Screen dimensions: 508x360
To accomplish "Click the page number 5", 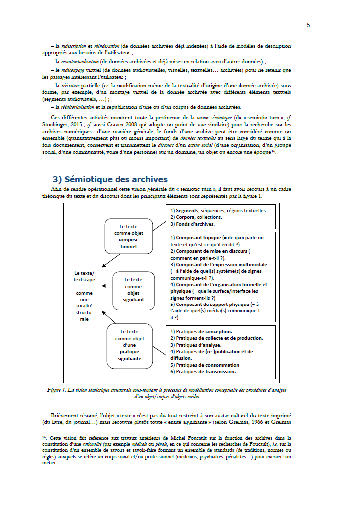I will [x=308, y=25].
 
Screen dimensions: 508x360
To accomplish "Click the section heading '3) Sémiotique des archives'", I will [x=110, y=179].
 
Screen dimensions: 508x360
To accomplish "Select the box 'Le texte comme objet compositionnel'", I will [x=128, y=236].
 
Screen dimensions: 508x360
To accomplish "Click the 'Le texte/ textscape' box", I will [x=84, y=296].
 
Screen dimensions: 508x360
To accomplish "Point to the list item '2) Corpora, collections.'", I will [x=196, y=217].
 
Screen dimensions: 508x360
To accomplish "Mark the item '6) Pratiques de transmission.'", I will [x=203, y=371].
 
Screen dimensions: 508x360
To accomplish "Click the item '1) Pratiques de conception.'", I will [x=201, y=331].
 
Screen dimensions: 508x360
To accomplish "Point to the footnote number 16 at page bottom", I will [x=44, y=437].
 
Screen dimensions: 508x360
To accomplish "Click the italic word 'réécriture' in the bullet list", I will [x=73, y=85].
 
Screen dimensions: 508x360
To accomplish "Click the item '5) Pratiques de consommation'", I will [x=205, y=365].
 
